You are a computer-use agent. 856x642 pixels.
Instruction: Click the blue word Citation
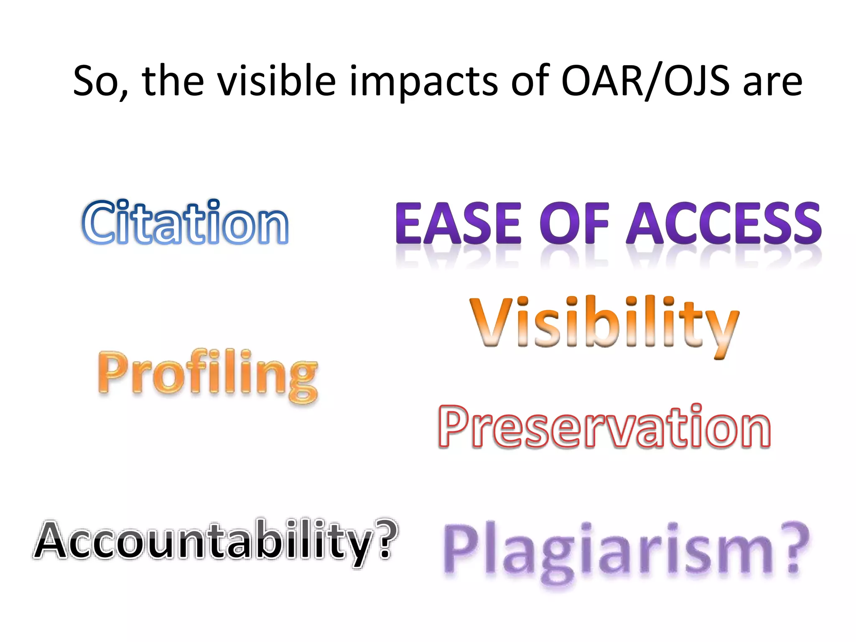click(x=185, y=222)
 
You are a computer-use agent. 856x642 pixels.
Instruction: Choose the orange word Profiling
click(x=208, y=373)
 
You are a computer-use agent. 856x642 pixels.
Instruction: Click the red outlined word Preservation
click(x=604, y=427)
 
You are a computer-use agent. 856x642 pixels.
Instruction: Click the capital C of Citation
click(x=99, y=222)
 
